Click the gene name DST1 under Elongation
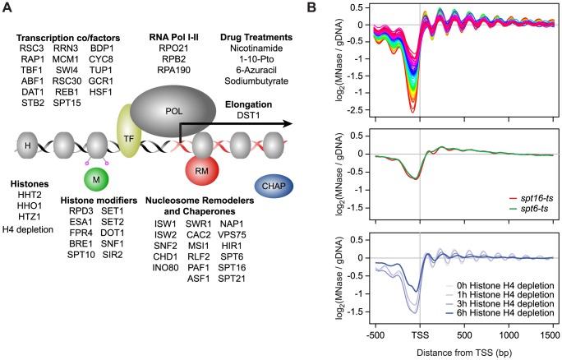tap(248, 117)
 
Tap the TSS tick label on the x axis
tap(420, 337)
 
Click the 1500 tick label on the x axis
tap(550, 337)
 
